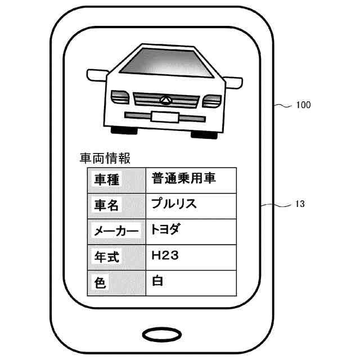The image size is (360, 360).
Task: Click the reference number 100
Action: click(303, 105)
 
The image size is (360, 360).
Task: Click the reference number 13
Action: click(300, 204)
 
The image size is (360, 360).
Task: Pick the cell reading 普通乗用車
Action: click(184, 179)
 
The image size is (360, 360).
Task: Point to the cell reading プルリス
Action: click(174, 204)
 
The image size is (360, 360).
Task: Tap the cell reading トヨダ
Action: click(168, 229)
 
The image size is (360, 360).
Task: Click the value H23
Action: click(165, 255)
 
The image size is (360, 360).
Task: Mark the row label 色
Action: click(100, 282)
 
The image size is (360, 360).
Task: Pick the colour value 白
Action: click(157, 281)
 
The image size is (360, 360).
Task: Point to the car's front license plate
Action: click(164, 117)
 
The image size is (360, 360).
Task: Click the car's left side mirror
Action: click(97, 74)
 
